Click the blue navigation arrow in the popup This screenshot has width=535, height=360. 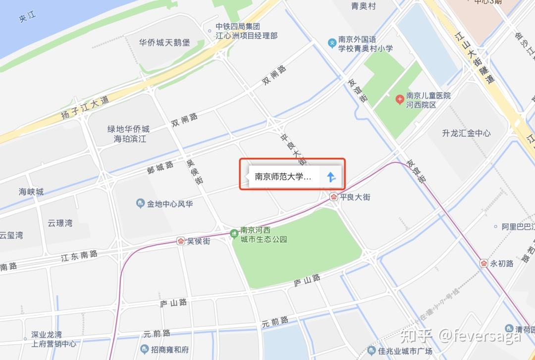tap(331, 176)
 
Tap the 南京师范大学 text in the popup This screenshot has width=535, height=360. tap(283, 176)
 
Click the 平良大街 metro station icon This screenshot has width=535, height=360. tap(334, 197)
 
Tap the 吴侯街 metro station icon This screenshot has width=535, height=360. tap(181, 241)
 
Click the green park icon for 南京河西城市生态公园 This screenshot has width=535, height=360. tap(234, 233)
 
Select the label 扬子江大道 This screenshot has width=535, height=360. tap(84, 108)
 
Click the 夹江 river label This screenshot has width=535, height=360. tap(28, 17)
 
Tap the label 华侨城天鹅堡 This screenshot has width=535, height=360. tap(164, 43)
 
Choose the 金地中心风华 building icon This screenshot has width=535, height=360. tap(140, 204)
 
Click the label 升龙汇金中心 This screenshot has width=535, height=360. tap(466, 133)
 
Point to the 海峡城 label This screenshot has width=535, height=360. tap(31, 192)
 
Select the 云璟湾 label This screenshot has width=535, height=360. tap(60, 223)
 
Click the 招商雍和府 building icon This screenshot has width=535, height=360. tap(144, 349)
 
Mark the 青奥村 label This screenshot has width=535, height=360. tap(364, 6)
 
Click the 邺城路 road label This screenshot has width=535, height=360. tap(160, 167)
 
